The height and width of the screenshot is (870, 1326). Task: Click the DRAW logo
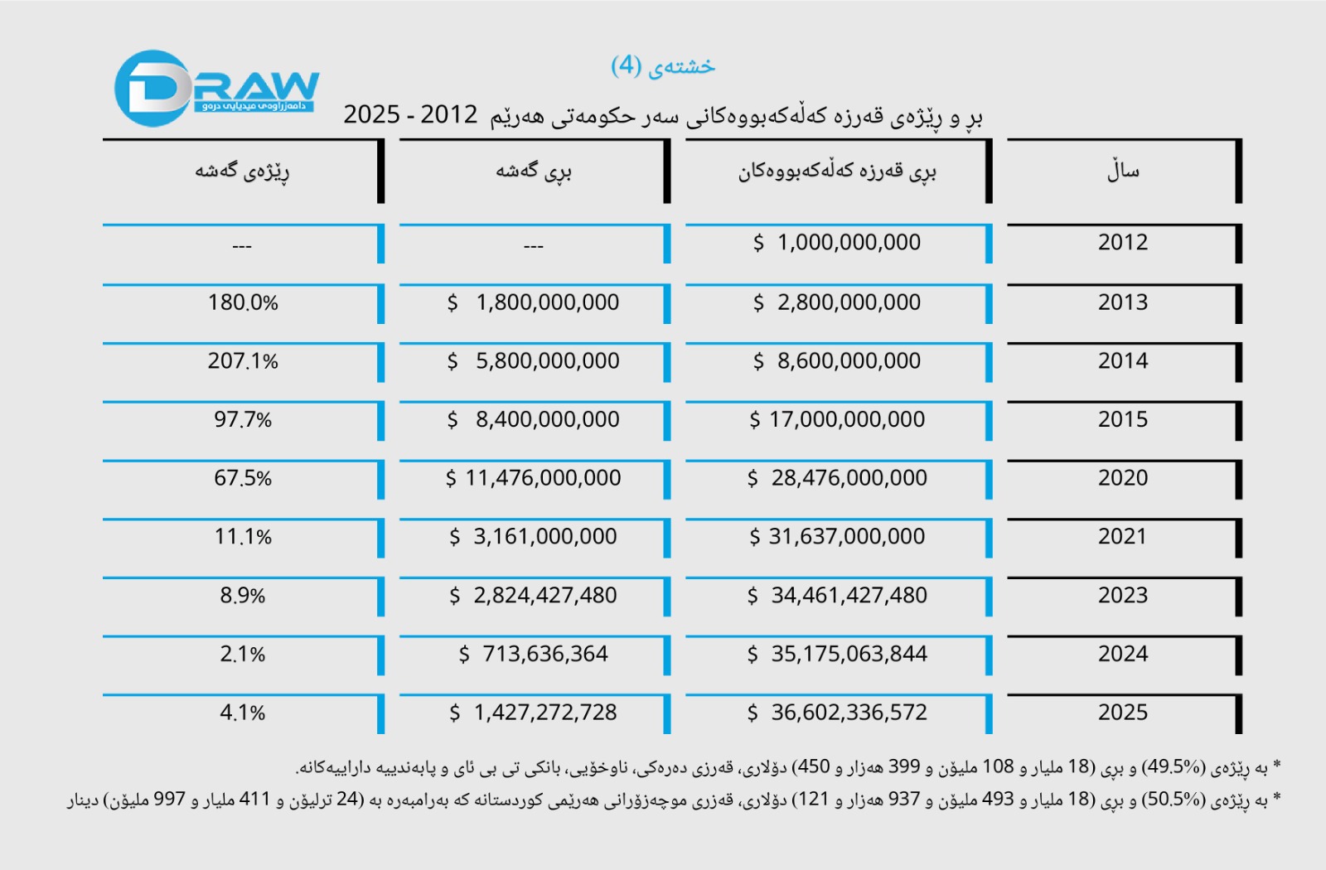coord(215,88)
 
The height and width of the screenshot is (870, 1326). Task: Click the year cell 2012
coord(1122,243)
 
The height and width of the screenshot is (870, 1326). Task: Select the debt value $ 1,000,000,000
coord(837,243)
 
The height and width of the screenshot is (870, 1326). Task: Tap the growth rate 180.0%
coord(243,302)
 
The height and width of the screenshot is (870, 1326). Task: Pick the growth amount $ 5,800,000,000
coord(534,361)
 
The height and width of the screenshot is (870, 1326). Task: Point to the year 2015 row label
coord(1122,419)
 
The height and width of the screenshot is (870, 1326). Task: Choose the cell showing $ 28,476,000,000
coord(837,478)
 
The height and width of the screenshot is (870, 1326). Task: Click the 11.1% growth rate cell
coord(243,537)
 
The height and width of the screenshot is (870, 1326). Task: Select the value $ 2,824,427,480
coord(534,596)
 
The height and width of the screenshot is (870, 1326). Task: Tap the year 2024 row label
coord(1122,654)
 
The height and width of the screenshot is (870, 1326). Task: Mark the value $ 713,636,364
coord(534,654)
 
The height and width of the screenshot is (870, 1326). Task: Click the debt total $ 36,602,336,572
coord(837,713)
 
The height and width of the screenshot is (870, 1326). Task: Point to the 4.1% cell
coord(243,713)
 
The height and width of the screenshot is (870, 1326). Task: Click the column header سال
coord(1123,172)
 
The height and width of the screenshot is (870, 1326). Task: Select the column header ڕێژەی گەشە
coord(242,172)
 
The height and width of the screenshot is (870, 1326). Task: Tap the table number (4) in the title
coord(627,65)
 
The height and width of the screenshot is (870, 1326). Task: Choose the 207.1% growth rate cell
coord(243,361)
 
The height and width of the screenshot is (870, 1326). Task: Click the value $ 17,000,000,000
coord(837,419)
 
